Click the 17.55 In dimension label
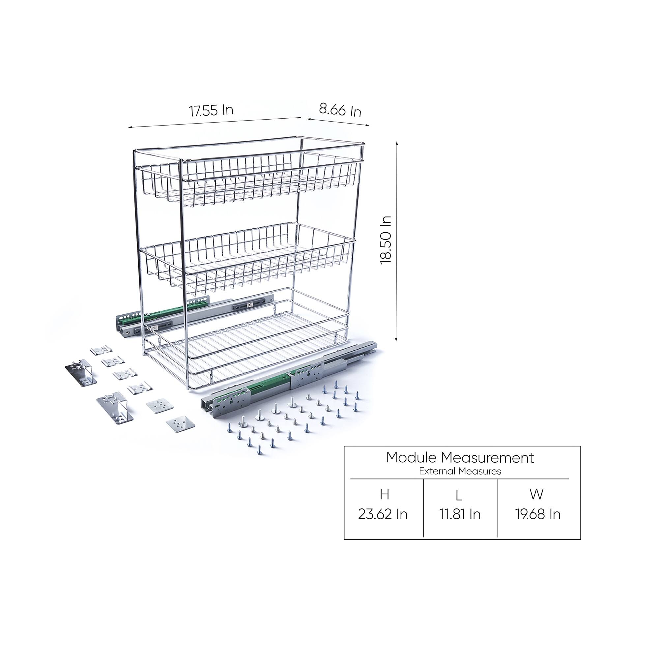(x=211, y=110)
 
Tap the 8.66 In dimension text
(x=340, y=110)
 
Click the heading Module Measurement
(x=460, y=457)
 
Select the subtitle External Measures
(x=460, y=471)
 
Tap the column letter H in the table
(x=384, y=494)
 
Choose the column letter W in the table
(x=536, y=494)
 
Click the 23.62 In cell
(x=383, y=514)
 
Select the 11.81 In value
(x=460, y=514)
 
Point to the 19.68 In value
(x=537, y=514)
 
